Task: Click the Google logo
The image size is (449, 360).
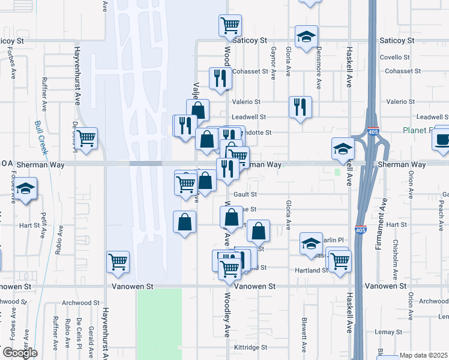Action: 19,353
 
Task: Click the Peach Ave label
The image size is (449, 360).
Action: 441,211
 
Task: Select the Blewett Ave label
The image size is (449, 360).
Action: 304,334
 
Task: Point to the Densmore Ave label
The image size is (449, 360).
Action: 319,68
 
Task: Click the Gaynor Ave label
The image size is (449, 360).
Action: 273,63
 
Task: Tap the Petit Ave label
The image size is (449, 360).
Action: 44,220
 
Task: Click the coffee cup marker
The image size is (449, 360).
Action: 442,140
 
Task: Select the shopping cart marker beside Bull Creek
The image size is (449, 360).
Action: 86,139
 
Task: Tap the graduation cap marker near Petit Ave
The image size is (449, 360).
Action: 25,189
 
